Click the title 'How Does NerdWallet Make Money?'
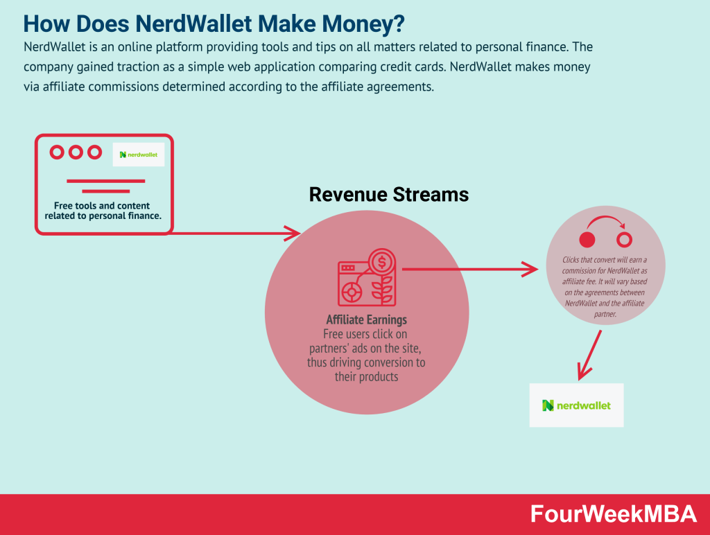[214, 24]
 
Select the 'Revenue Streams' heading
[388, 195]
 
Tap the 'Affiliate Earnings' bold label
[366, 320]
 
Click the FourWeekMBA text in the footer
[613, 514]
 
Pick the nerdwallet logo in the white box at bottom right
[576, 405]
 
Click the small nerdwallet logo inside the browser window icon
[138, 155]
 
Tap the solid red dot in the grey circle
[587, 240]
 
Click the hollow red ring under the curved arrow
[624, 240]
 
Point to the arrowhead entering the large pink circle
[292, 233]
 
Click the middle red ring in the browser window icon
[76, 152]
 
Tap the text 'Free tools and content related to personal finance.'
[103, 211]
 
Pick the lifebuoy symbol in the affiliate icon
[352, 292]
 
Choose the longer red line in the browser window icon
[105, 181]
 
